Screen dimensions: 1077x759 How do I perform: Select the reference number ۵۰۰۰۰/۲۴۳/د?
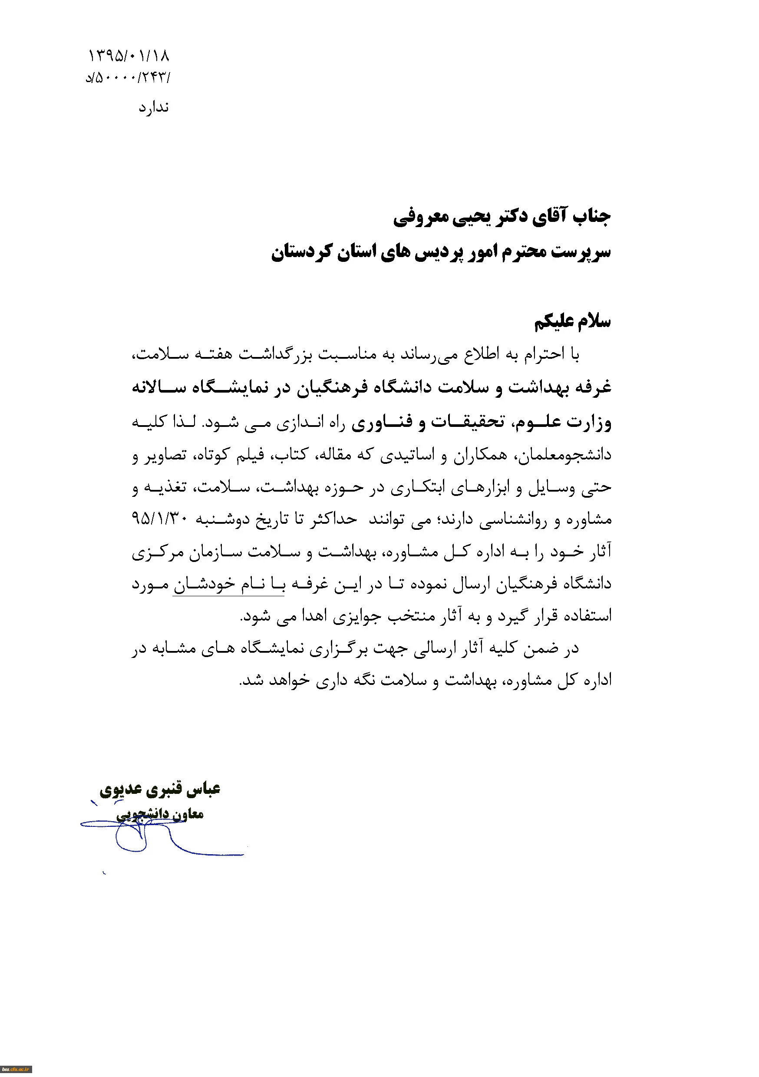point(128,77)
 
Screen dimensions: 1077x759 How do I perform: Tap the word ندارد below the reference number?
point(153,108)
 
